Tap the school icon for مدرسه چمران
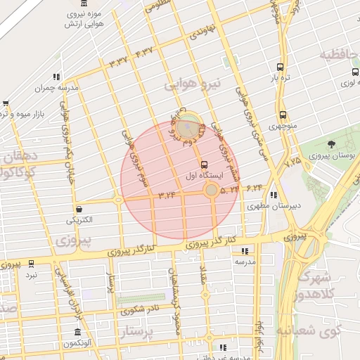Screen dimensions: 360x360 56,77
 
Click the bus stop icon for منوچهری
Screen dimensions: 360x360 283,115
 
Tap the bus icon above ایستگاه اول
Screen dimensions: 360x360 204,163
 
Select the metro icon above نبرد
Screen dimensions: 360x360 30,264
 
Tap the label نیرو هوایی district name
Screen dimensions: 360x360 193,84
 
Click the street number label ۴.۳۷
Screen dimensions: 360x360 144,51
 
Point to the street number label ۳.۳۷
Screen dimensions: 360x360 117,62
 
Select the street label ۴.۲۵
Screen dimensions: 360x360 292,162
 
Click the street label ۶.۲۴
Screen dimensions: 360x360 254,188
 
